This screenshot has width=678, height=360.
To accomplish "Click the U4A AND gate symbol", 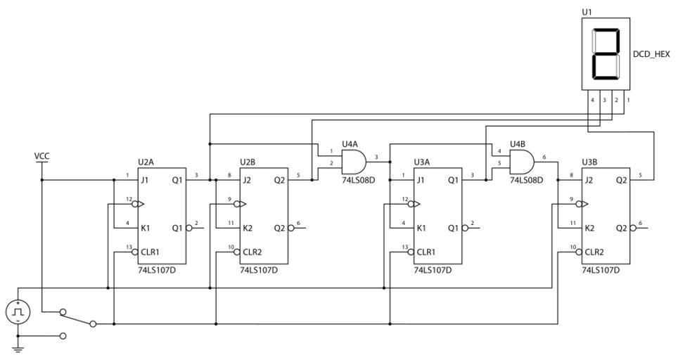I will [353, 162].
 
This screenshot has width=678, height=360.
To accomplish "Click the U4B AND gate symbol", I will [521, 162].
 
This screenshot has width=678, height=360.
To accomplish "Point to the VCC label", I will [42, 155].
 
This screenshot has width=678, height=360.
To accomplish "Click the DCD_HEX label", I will [651, 53].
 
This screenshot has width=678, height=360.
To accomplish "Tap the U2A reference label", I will [146, 162].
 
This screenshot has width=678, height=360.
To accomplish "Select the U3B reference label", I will [590, 162].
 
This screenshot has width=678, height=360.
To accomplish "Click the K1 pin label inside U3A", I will [421, 228].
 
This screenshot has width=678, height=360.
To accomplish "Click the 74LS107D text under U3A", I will [433, 270].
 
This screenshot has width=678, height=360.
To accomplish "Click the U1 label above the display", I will [587, 13].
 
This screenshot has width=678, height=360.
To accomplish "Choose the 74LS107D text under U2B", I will [259, 270].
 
